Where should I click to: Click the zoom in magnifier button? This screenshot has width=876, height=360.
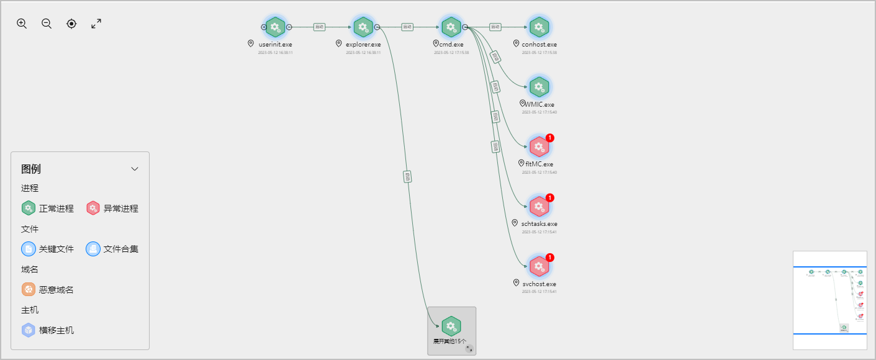(x=22, y=24)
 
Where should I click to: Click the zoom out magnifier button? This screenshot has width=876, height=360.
(x=47, y=24)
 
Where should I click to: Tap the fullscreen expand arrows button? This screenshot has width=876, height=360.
(x=96, y=24)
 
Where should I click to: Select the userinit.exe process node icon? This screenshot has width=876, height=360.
(x=275, y=27)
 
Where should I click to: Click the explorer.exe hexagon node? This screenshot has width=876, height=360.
(x=363, y=27)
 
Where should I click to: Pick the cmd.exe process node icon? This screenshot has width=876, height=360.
(x=451, y=27)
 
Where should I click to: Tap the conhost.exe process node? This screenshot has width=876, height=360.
(x=539, y=27)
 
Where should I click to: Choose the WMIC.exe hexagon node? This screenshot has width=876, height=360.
(x=539, y=87)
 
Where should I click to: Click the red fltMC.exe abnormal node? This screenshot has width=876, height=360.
(x=539, y=147)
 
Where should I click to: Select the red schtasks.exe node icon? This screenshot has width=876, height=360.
(x=539, y=207)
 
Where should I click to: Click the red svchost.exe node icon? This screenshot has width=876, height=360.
(x=539, y=267)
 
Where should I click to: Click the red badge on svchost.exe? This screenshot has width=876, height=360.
(x=550, y=258)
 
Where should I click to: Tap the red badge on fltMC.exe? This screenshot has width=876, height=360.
(x=550, y=138)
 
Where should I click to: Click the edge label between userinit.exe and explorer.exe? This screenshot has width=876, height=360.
(x=319, y=27)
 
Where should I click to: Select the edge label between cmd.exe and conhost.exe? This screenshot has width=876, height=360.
(x=495, y=27)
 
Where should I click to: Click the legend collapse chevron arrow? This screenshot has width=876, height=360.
(x=135, y=169)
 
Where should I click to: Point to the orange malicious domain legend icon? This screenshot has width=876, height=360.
(x=29, y=290)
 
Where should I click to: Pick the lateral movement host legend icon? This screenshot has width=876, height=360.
(x=29, y=330)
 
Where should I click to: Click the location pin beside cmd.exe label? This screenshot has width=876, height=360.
(x=436, y=44)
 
